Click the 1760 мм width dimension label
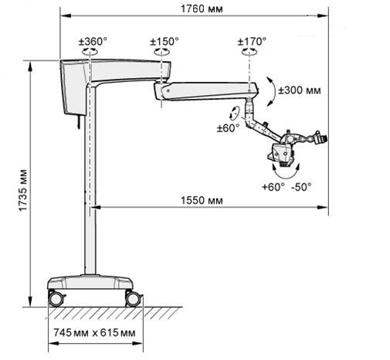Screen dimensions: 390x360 click(202, 8)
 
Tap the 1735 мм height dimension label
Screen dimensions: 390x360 click(22, 190)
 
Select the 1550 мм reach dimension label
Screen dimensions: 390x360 click(202, 200)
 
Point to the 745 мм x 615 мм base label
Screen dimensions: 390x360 click(94, 333)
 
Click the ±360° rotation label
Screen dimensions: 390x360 click(93, 41)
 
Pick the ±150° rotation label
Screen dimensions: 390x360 click(164, 41)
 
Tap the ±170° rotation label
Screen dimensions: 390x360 click(252, 41)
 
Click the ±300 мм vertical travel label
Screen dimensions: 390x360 click(300, 90)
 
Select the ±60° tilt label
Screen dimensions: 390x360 click(228, 128)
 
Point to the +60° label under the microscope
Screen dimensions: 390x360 click(273, 187)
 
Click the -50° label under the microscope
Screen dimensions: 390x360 click(301, 187)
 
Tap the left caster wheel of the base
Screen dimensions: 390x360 click(56, 299)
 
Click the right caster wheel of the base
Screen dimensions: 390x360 click(133, 299)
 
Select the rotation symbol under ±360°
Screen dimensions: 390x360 click(90, 52)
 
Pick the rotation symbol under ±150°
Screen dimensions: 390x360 click(161, 52)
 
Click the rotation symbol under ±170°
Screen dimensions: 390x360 click(249, 52)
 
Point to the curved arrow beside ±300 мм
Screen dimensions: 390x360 click(273, 91)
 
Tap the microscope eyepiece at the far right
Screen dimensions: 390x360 click(322, 138)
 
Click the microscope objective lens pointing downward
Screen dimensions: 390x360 click(284, 165)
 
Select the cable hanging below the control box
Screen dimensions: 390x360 click(78, 121)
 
